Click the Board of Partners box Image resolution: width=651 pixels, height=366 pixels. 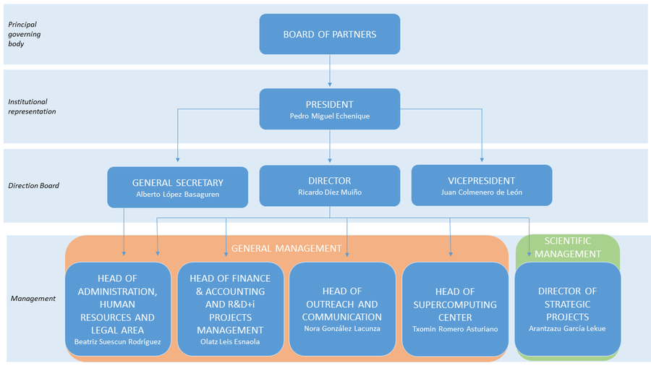pos(329,34)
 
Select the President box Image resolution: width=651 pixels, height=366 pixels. pos(329,108)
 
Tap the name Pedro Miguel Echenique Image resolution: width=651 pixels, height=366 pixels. pos(329,116)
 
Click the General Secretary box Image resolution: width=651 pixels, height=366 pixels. pos(177,187)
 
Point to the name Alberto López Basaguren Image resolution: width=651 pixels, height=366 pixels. pos(177,195)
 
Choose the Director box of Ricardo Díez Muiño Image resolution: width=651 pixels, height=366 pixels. pos(329,186)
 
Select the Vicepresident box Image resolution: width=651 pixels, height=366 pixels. pos(481,185)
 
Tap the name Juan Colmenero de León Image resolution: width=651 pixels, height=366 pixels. pos(481,193)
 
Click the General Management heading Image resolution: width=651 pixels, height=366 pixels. pos(286,248)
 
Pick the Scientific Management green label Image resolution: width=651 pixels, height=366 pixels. pos(567,247)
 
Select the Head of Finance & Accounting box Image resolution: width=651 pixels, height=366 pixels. pos(229,308)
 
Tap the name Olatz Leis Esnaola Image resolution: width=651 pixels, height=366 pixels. pos(229,341)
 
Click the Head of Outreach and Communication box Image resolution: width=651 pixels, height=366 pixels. pos(341,308)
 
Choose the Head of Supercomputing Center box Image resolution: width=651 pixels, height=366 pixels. pos(454,308)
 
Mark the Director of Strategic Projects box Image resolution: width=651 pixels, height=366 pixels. pos(567,308)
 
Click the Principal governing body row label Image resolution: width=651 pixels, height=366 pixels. pos(25,34)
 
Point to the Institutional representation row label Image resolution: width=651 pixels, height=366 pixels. pos(32,106)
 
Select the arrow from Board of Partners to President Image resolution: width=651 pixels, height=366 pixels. pos(330,71)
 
